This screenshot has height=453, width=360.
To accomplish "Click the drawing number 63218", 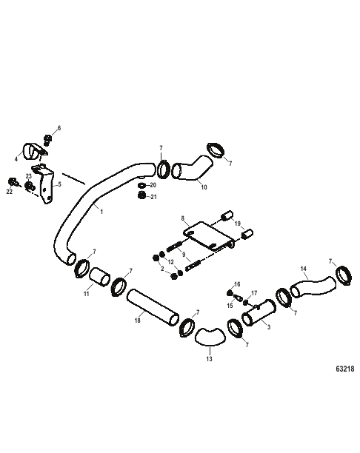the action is click(345, 369).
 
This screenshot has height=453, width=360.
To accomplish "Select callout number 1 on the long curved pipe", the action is click(101, 212).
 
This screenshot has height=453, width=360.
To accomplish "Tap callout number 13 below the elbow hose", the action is click(209, 359).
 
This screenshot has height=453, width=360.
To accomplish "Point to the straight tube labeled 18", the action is click(153, 307).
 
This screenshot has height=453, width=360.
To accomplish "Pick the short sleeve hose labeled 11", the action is click(99, 278).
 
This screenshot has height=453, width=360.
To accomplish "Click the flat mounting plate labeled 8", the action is click(209, 235).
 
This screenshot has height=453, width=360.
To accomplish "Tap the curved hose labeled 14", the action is click(313, 287).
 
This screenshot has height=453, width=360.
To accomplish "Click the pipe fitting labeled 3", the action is click(259, 312).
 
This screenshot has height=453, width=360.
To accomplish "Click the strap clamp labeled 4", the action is click(33, 151).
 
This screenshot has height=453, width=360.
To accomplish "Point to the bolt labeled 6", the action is click(47, 140).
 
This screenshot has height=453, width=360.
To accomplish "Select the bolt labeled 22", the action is click(13, 182).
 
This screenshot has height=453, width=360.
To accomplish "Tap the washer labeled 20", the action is click(141, 185).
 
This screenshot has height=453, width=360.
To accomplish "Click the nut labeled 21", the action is click(141, 195).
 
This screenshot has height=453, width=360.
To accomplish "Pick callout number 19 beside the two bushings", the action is click(237, 224).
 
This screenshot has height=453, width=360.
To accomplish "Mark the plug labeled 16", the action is click(230, 293).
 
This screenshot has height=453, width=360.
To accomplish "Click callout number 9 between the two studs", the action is click(184, 255).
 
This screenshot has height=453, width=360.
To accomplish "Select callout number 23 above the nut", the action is click(28, 176).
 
